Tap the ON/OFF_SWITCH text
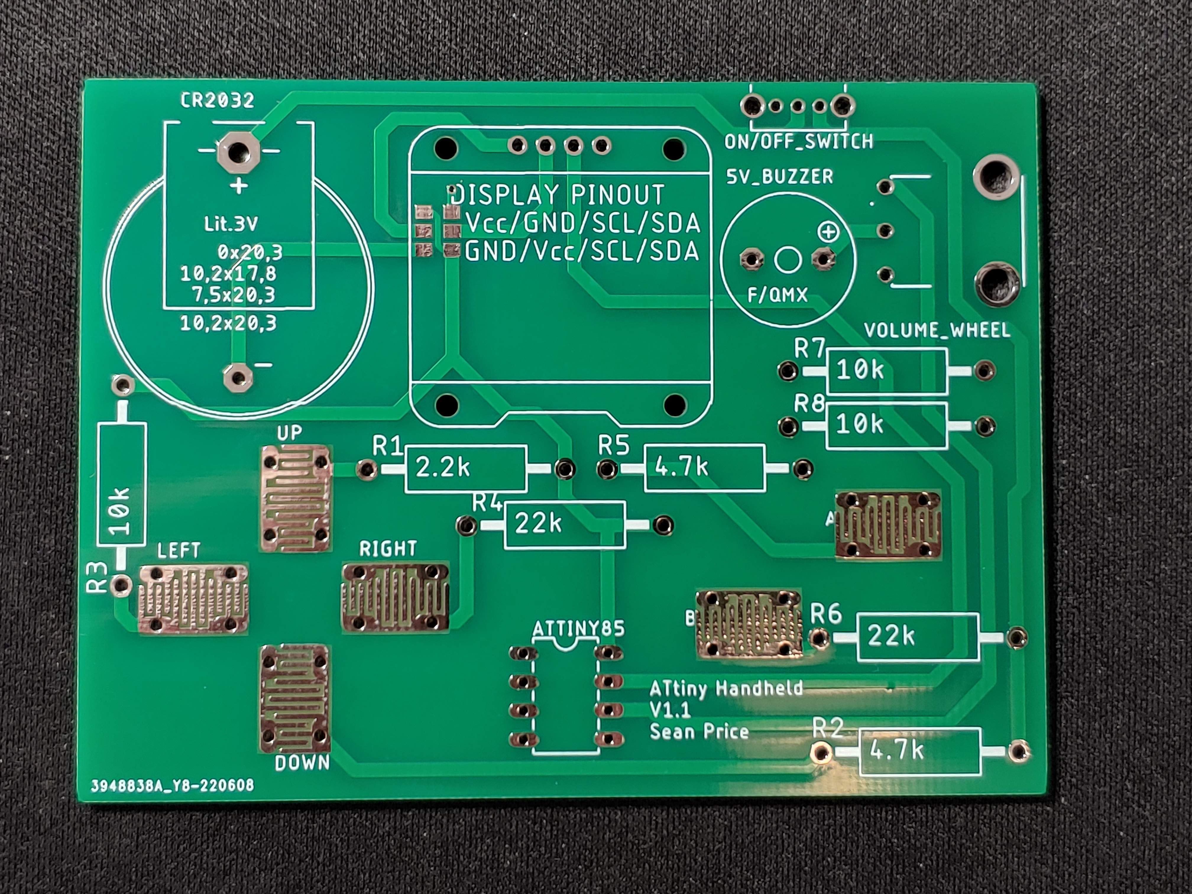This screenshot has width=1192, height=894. pyautogui.click(x=799, y=142)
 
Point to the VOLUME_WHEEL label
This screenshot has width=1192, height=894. pyautogui.click(x=937, y=330)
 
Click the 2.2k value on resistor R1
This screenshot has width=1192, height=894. pyautogui.click(x=443, y=468)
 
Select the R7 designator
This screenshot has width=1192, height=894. pyautogui.click(x=809, y=349)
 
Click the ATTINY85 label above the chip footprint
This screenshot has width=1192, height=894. pyautogui.click(x=578, y=628)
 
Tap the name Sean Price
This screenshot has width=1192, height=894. pyautogui.click(x=699, y=732)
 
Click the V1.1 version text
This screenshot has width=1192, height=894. pyautogui.click(x=670, y=710)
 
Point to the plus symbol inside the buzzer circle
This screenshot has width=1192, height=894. pyautogui.click(x=828, y=232)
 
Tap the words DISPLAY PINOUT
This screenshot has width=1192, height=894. pyautogui.click(x=558, y=195)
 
